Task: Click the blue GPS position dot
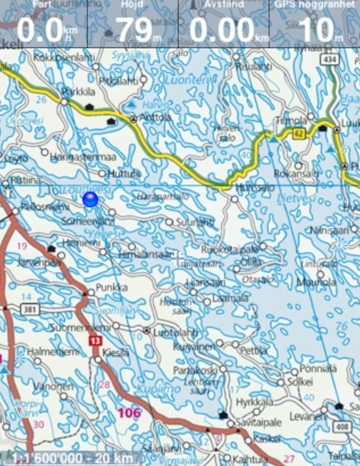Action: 90,199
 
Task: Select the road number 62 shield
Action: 299,134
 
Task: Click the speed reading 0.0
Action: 40,29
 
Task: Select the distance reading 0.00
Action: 221,29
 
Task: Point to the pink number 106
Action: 129,413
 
